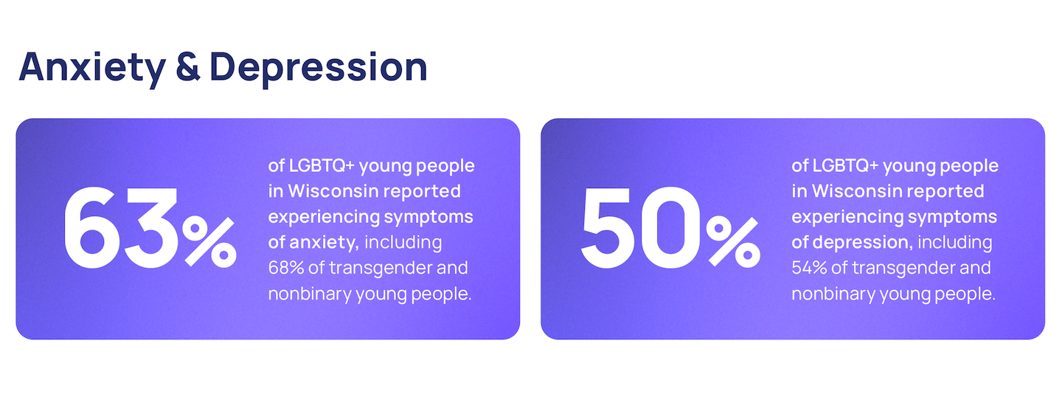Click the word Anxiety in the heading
tap(92, 69)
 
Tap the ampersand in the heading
tap(188, 67)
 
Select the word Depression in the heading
tap(319, 69)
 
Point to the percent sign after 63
tap(209, 242)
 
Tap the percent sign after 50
tap(733, 242)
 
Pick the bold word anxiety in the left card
tap(324, 243)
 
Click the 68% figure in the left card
tap(286, 268)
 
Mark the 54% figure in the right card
tap(809, 268)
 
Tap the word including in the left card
tap(403, 243)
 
